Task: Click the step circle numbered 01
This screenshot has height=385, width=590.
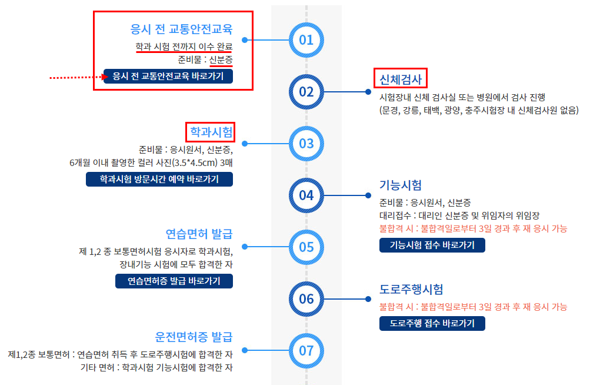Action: tap(306, 40)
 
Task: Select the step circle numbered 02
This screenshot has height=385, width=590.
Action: tap(306, 92)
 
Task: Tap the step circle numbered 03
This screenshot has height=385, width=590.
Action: tap(306, 143)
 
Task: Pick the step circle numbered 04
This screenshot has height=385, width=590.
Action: tap(306, 195)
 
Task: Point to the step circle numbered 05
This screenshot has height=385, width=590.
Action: tap(306, 247)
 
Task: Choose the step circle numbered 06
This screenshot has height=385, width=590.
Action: tap(306, 298)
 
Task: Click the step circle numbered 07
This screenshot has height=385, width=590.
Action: tap(306, 351)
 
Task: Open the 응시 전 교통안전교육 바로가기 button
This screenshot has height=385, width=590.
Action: tap(168, 77)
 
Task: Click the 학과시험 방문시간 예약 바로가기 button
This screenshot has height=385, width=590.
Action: tap(159, 180)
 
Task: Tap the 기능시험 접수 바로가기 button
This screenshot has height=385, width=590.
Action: tap(432, 245)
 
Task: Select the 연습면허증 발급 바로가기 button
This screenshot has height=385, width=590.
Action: tap(174, 281)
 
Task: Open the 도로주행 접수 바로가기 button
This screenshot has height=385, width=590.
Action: tap(432, 323)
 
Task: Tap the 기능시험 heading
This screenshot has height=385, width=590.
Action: tap(401, 185)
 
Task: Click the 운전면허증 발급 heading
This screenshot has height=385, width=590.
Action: tap(194, 337)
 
